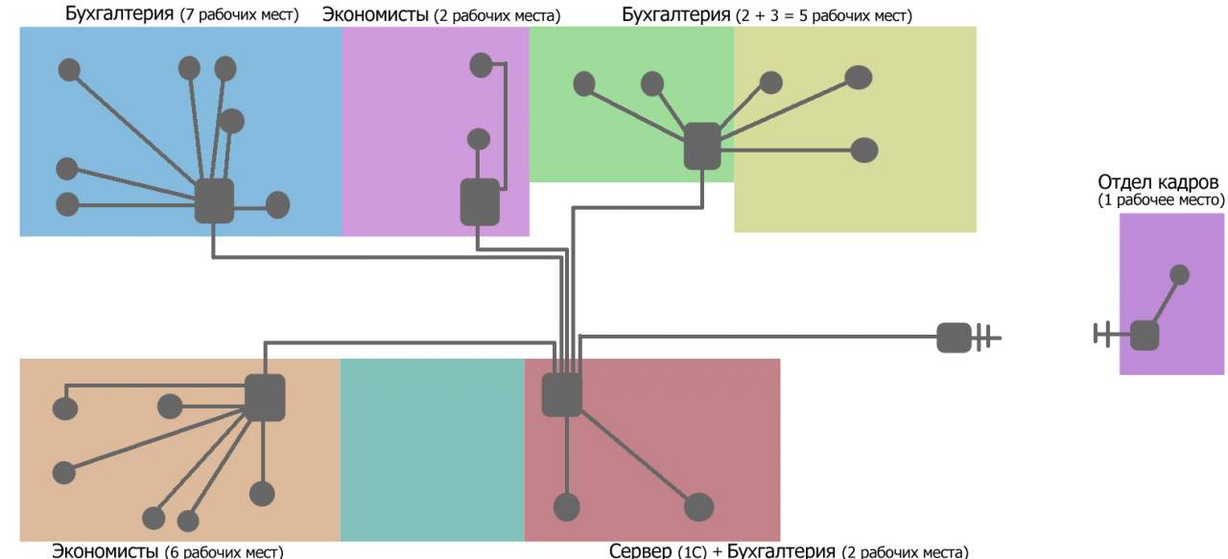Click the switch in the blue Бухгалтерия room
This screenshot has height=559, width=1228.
click(x=214, y=200)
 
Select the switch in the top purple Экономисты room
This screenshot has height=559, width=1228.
click(x=480, y=201)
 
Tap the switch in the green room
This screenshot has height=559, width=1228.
click(x=702, y=147)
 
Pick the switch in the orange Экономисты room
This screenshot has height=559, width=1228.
click(x=265, y=397)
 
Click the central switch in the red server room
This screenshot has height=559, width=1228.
click(x=562, y=394)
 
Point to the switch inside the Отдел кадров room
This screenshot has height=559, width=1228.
click(x=1144, y=336)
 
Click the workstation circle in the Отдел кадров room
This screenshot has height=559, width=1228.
click(x=1180, y=274)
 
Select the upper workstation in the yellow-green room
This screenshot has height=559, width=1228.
click(x=859, y=78)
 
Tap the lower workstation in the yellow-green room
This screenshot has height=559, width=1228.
click(x=864, y=150)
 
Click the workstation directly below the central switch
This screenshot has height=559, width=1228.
click(x=567, y=506)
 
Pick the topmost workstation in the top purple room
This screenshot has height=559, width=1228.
click(x=480, y=65)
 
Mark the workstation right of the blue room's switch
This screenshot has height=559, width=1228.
click(x=277, y=204)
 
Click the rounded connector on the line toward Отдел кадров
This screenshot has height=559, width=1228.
click(x=953, y=338)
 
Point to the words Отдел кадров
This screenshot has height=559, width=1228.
click(x=1159, y=183)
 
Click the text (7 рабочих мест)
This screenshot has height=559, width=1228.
click(x=239, y=15)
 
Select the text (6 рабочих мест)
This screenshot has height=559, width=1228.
click(x=224, y=551)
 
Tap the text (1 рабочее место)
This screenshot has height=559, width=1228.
click(x=1162, y=200)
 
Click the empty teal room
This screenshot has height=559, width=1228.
click(x=432, y=450)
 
